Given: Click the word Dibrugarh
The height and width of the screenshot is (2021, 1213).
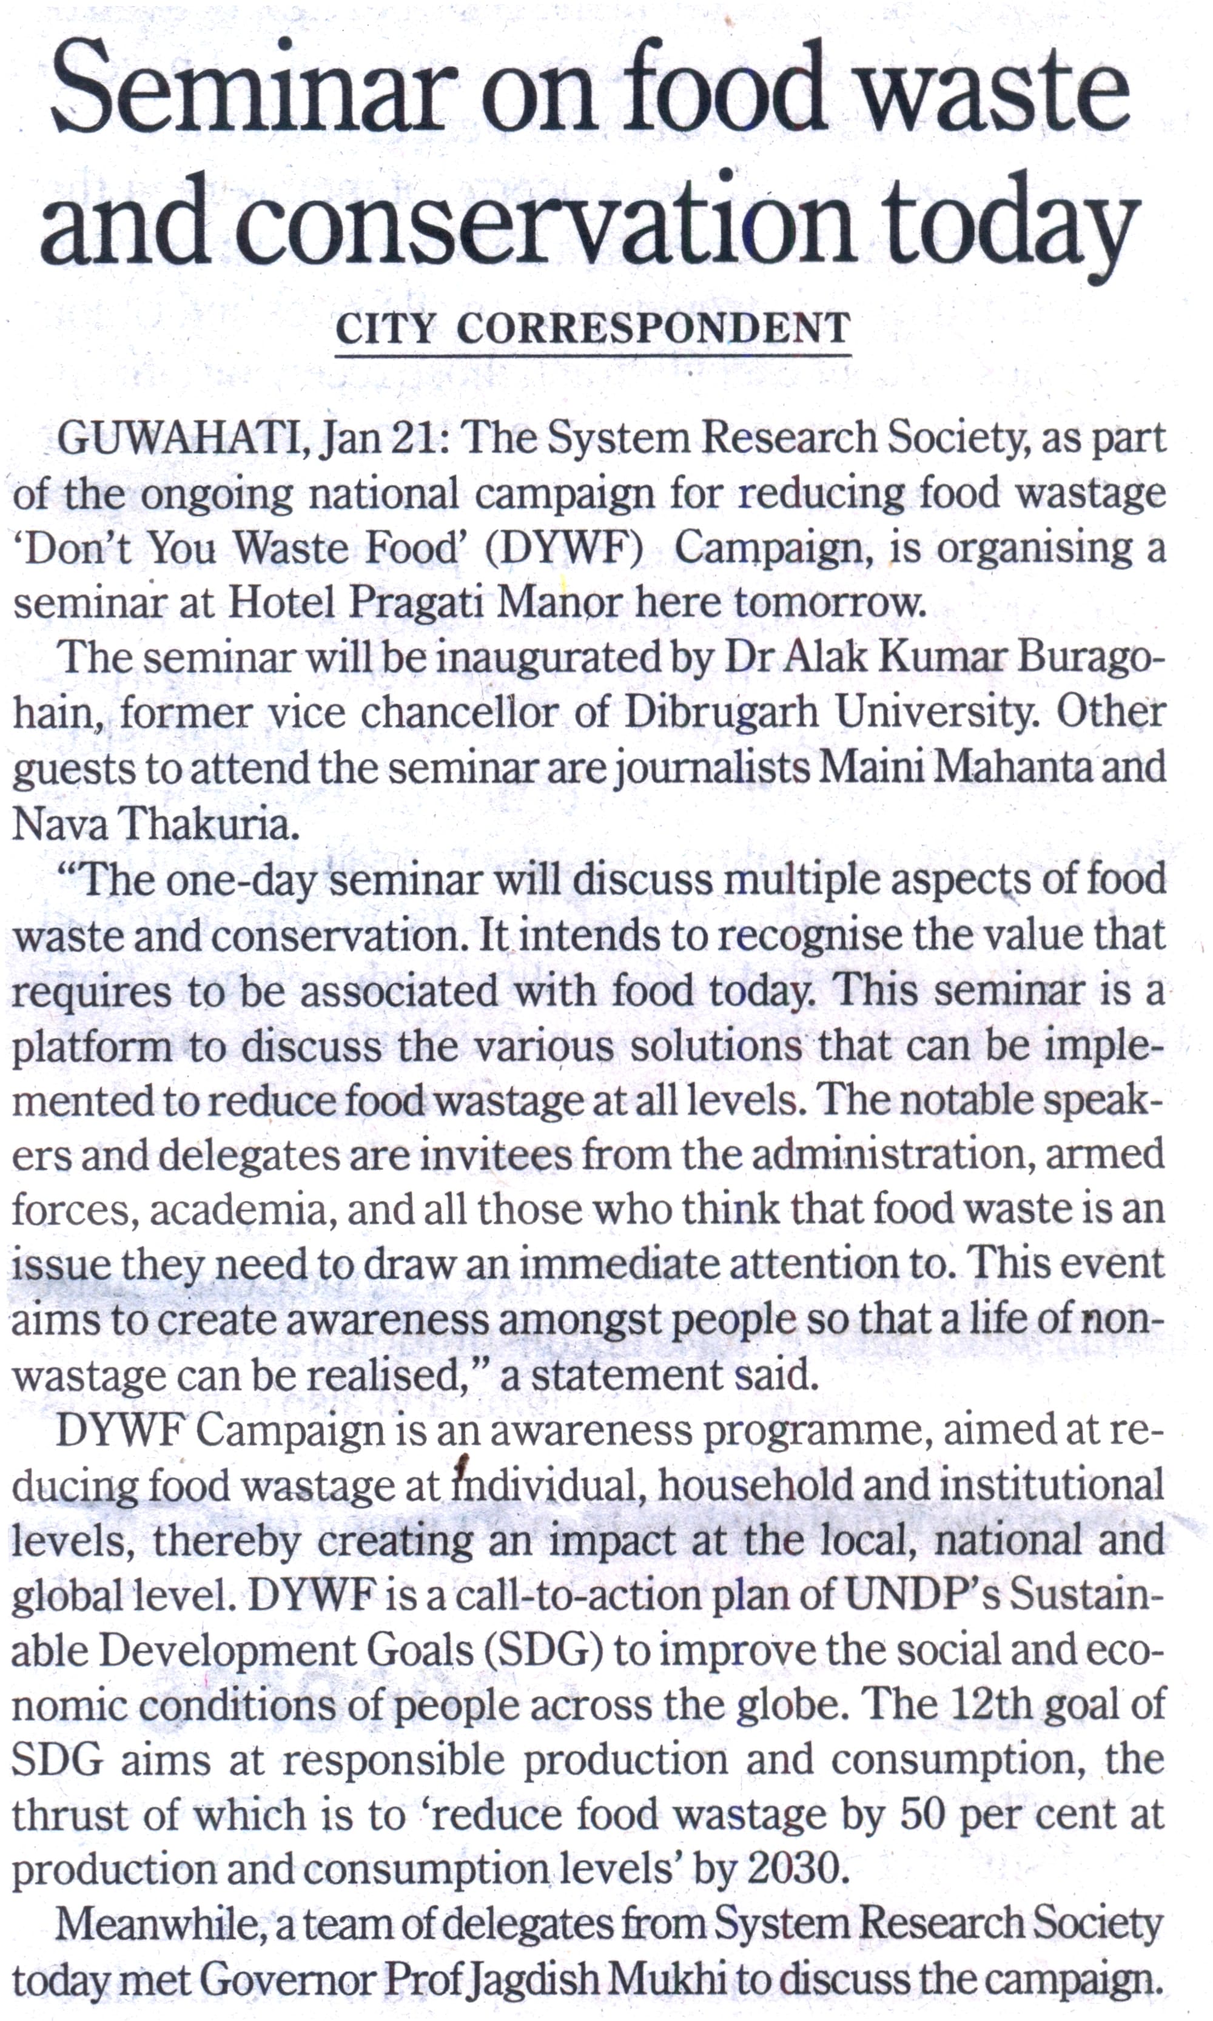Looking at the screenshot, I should click(721, 713).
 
